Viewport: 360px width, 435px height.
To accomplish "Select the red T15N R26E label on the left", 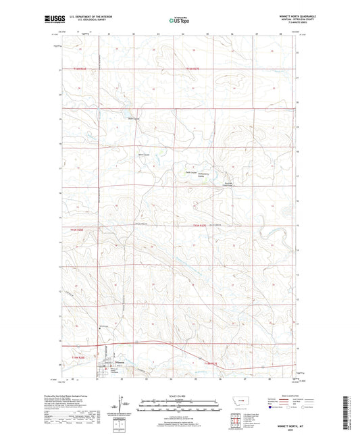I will [76, 228].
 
